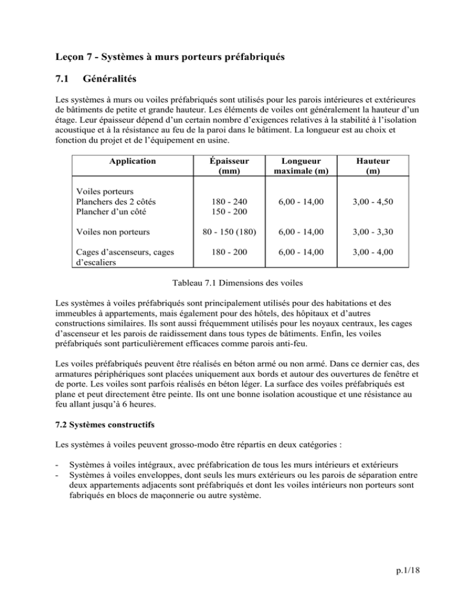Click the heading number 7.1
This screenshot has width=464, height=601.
coord(62,79)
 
